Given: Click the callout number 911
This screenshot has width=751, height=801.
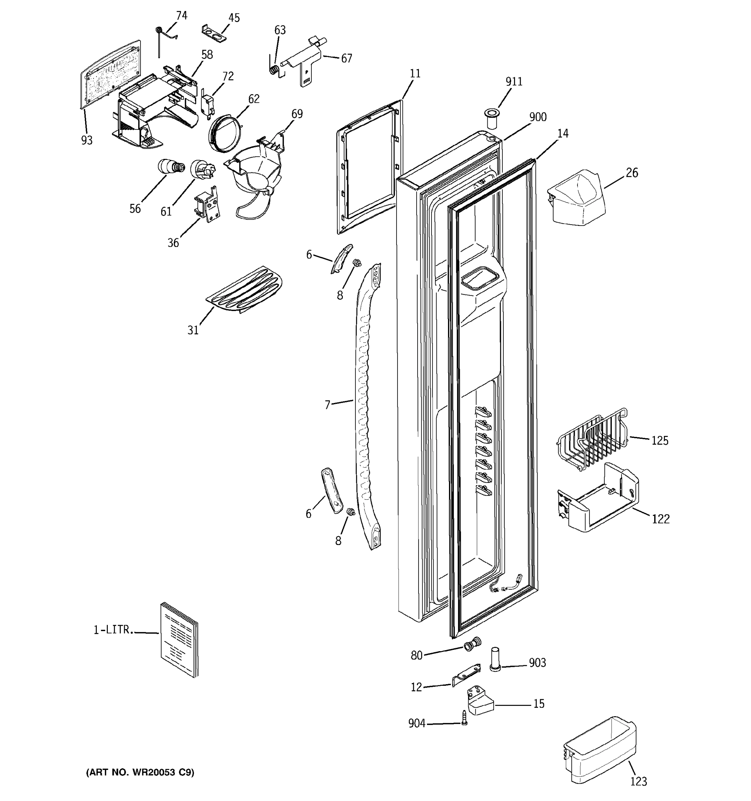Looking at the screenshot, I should [514, 82].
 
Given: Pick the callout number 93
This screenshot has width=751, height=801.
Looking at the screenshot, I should [87, 140].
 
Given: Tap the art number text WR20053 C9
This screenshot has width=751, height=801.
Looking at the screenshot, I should [140, 772].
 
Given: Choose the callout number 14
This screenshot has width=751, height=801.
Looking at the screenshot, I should [562, 133].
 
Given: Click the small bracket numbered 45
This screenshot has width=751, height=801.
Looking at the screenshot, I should [214, 33].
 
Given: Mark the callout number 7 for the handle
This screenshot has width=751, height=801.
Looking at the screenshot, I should [327, 405].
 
